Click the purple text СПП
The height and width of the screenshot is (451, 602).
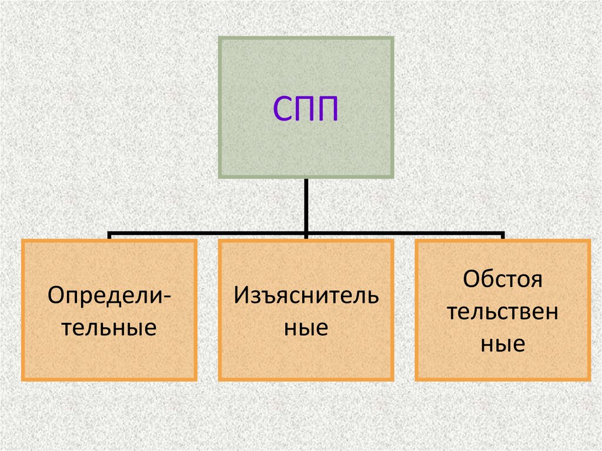coord(306,110)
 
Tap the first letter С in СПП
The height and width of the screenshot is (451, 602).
coord(282,111)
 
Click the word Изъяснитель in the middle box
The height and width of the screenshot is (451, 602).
coord(306,295)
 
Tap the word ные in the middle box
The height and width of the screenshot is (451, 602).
coord(306,327)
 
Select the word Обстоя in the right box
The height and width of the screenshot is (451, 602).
coord(502,279)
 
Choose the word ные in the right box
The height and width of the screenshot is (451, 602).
coord(502,343)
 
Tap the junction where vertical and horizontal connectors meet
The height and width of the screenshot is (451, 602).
coord(306,233)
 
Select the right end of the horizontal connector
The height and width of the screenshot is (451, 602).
coord(503,234)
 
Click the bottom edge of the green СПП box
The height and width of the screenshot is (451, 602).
coord(306,176)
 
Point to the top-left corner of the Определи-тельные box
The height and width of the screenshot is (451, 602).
coord(22,240)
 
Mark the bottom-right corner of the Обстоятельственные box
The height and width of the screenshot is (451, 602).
coord(588,379)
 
